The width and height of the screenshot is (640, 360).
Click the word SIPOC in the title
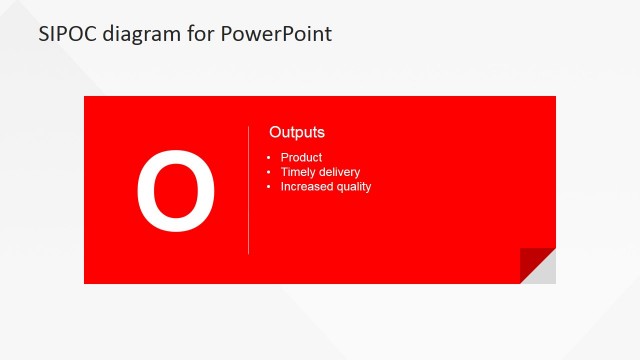[67, 34]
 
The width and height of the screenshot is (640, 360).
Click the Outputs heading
[297, 132]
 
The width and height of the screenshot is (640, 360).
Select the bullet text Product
[301, 158]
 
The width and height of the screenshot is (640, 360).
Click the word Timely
[298, 172]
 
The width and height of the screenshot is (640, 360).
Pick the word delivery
[340, 172]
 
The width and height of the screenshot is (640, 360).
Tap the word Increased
[307, 186]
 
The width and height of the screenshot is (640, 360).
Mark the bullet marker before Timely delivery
[269, 173]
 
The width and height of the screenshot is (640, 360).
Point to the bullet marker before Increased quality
[269, 187]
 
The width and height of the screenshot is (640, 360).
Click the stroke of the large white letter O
[146, 190]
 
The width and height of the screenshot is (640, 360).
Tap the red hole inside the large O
[176, 190]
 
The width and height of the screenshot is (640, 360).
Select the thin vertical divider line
[248, 190]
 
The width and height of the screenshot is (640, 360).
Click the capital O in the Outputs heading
[275, 132]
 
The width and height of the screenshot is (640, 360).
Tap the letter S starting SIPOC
[44, 34]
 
